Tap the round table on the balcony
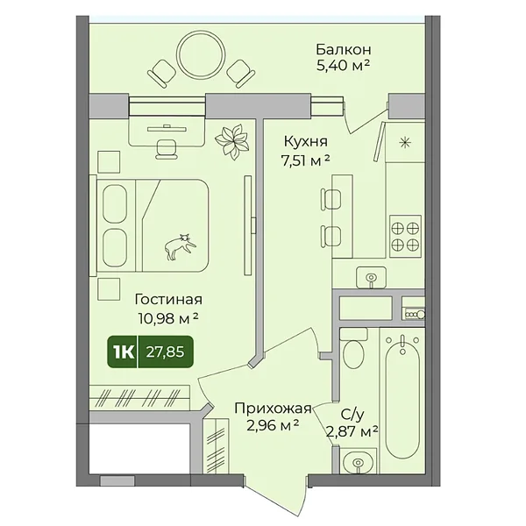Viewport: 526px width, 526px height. point(201,53)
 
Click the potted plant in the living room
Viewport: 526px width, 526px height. point(232,141)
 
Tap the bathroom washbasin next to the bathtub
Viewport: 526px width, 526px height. point(358,462)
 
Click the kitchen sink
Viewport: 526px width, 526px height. point(371,277)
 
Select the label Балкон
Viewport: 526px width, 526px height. point(344,50)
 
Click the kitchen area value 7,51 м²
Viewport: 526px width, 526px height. point(306,161)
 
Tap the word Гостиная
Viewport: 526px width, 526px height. point(168,299)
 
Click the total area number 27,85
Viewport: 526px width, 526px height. point(165,352)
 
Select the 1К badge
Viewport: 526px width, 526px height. point(123,352)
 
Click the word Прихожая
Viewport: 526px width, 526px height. point(273,409)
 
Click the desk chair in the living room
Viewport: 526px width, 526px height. point(167,149)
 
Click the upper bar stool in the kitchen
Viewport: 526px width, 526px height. point(331,199)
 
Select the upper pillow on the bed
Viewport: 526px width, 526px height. point(114,203)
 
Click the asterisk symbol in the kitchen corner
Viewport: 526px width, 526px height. point(405,143)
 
